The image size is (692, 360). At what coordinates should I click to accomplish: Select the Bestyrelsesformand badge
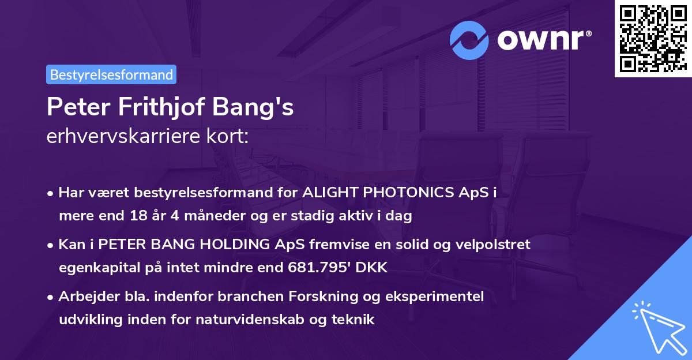coord(111,74)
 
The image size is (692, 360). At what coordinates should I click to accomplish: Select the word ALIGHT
coord(326,193)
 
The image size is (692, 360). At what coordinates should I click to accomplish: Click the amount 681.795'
coord(334,268)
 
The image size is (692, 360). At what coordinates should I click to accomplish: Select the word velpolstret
coord(494,245)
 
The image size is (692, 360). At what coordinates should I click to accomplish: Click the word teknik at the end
coord(356,320)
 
